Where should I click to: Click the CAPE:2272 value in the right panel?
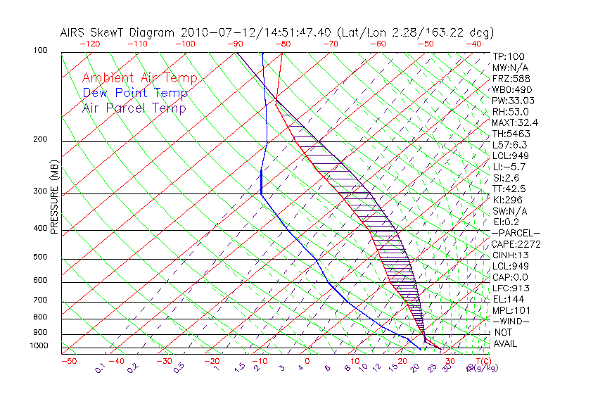pos(516,244)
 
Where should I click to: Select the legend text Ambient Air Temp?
pos(139,78)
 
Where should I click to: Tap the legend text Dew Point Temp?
pos(134,93)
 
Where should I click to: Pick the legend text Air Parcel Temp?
pos(134,108)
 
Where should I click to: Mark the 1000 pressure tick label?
pos(39,345)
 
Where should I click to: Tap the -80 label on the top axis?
pos(282,43)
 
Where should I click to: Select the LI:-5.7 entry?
pos(509,167)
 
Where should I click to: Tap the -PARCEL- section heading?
pos(516,233)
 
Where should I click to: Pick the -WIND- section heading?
pos(511,321)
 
